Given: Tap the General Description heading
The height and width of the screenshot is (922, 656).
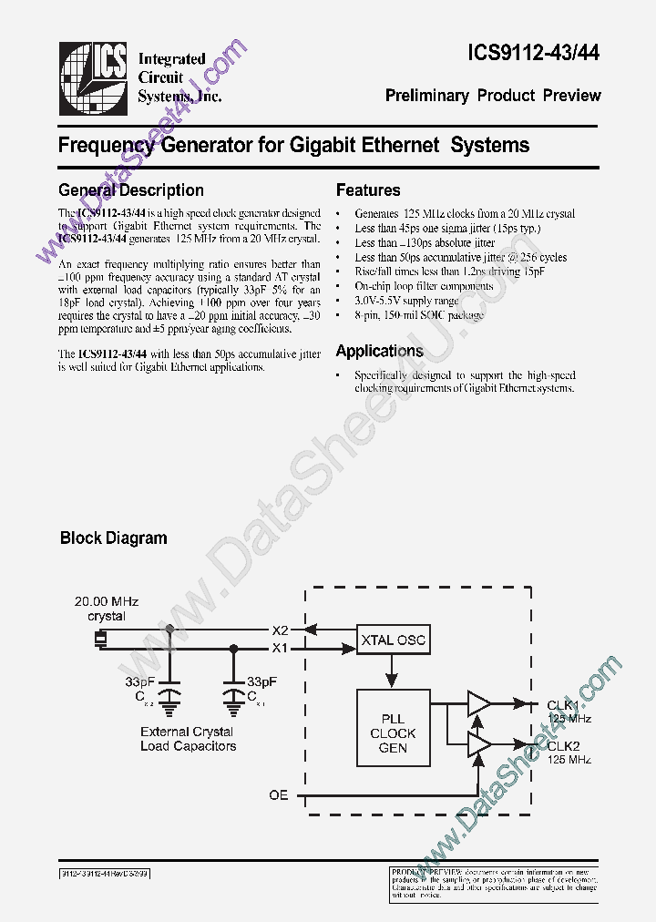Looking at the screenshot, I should tap(130, 190).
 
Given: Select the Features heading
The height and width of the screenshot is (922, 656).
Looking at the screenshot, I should tap(368, 190).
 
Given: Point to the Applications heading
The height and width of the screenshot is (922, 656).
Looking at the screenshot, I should tap(379, 351).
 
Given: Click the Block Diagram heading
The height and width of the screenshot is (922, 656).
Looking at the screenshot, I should tap(113, 538).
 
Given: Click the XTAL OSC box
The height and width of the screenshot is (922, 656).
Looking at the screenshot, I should tap(392, 640).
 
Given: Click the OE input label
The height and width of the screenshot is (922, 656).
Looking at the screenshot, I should tap(278, 795).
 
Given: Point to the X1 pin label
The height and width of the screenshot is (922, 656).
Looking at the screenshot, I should tap(281, 648).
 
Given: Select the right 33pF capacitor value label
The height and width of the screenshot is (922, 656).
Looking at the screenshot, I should tap(262, 681).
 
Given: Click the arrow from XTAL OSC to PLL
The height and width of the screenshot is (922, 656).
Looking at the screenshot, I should tap(392, 672).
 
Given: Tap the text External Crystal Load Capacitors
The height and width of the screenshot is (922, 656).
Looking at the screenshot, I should tap(188, 738).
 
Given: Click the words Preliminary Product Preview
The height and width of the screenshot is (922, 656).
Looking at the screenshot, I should tap(493, 96).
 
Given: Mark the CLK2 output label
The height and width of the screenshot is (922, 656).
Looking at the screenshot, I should tap(563, 745).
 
